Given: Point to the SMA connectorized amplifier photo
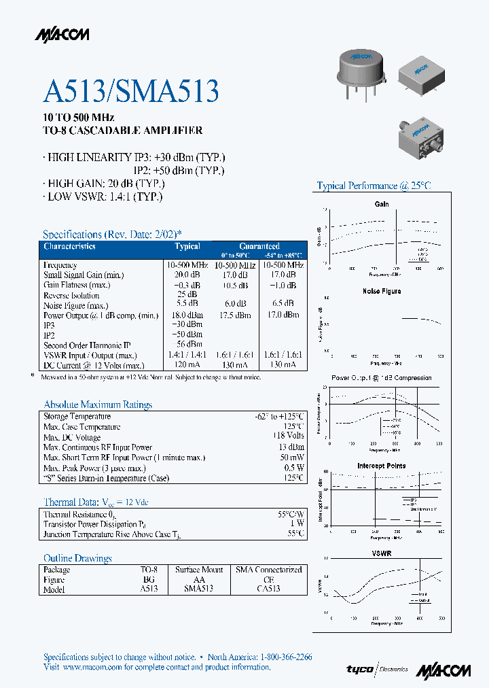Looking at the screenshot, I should pos(422,141).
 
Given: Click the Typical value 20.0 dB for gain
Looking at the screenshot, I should pos(187,275).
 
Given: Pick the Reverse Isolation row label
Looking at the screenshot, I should pos(71,295).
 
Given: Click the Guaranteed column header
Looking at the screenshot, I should pos(259,246).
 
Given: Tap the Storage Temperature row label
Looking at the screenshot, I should pos(77,416).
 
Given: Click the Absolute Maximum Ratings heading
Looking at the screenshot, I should pos(98,405).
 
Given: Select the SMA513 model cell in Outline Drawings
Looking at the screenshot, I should pos(198,589).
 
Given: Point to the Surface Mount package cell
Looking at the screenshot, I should pos(198,569).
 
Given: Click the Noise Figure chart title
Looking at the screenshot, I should pos(382,291).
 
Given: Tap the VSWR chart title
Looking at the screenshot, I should pos(382,553).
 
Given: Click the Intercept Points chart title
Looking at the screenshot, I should pos(382,466).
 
